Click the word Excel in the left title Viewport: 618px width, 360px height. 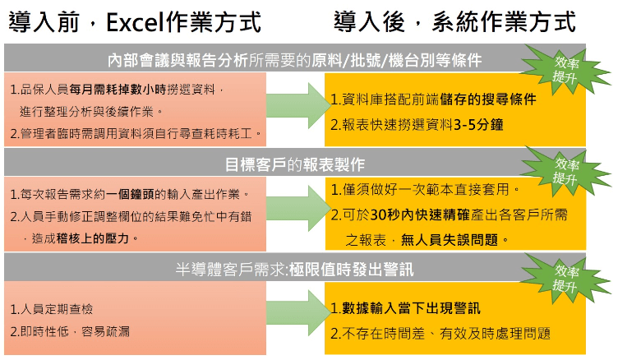click(x=135, y=22)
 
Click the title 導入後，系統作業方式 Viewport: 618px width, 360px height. click(x=454, y=21)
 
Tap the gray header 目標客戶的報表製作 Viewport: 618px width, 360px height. click(x=295, y=163)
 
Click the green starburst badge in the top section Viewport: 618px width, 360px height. click(x=565, y=70)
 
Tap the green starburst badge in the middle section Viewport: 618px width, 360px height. click(x=565, y=172)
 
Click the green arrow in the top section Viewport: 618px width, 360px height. click(x=298, y=105)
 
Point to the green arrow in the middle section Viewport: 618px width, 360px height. click(x=298, y=208)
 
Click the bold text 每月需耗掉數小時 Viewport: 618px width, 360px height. click(x=118, y=90)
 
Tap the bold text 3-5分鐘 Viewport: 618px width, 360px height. click(x=478, y=125)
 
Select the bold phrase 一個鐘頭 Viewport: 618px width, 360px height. click(x=130, y=194)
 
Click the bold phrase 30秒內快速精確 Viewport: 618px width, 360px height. click(x=420, y=215)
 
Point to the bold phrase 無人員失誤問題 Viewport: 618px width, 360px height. click(x=450, y=240)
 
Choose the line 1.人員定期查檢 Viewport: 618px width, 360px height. click(x=52, y=309)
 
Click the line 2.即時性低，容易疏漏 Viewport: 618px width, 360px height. click(x=70, y=331)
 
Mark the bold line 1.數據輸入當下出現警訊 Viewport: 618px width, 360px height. click(x=406, y=308)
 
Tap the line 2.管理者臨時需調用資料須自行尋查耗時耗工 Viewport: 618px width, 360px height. click(x=136, y=134)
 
